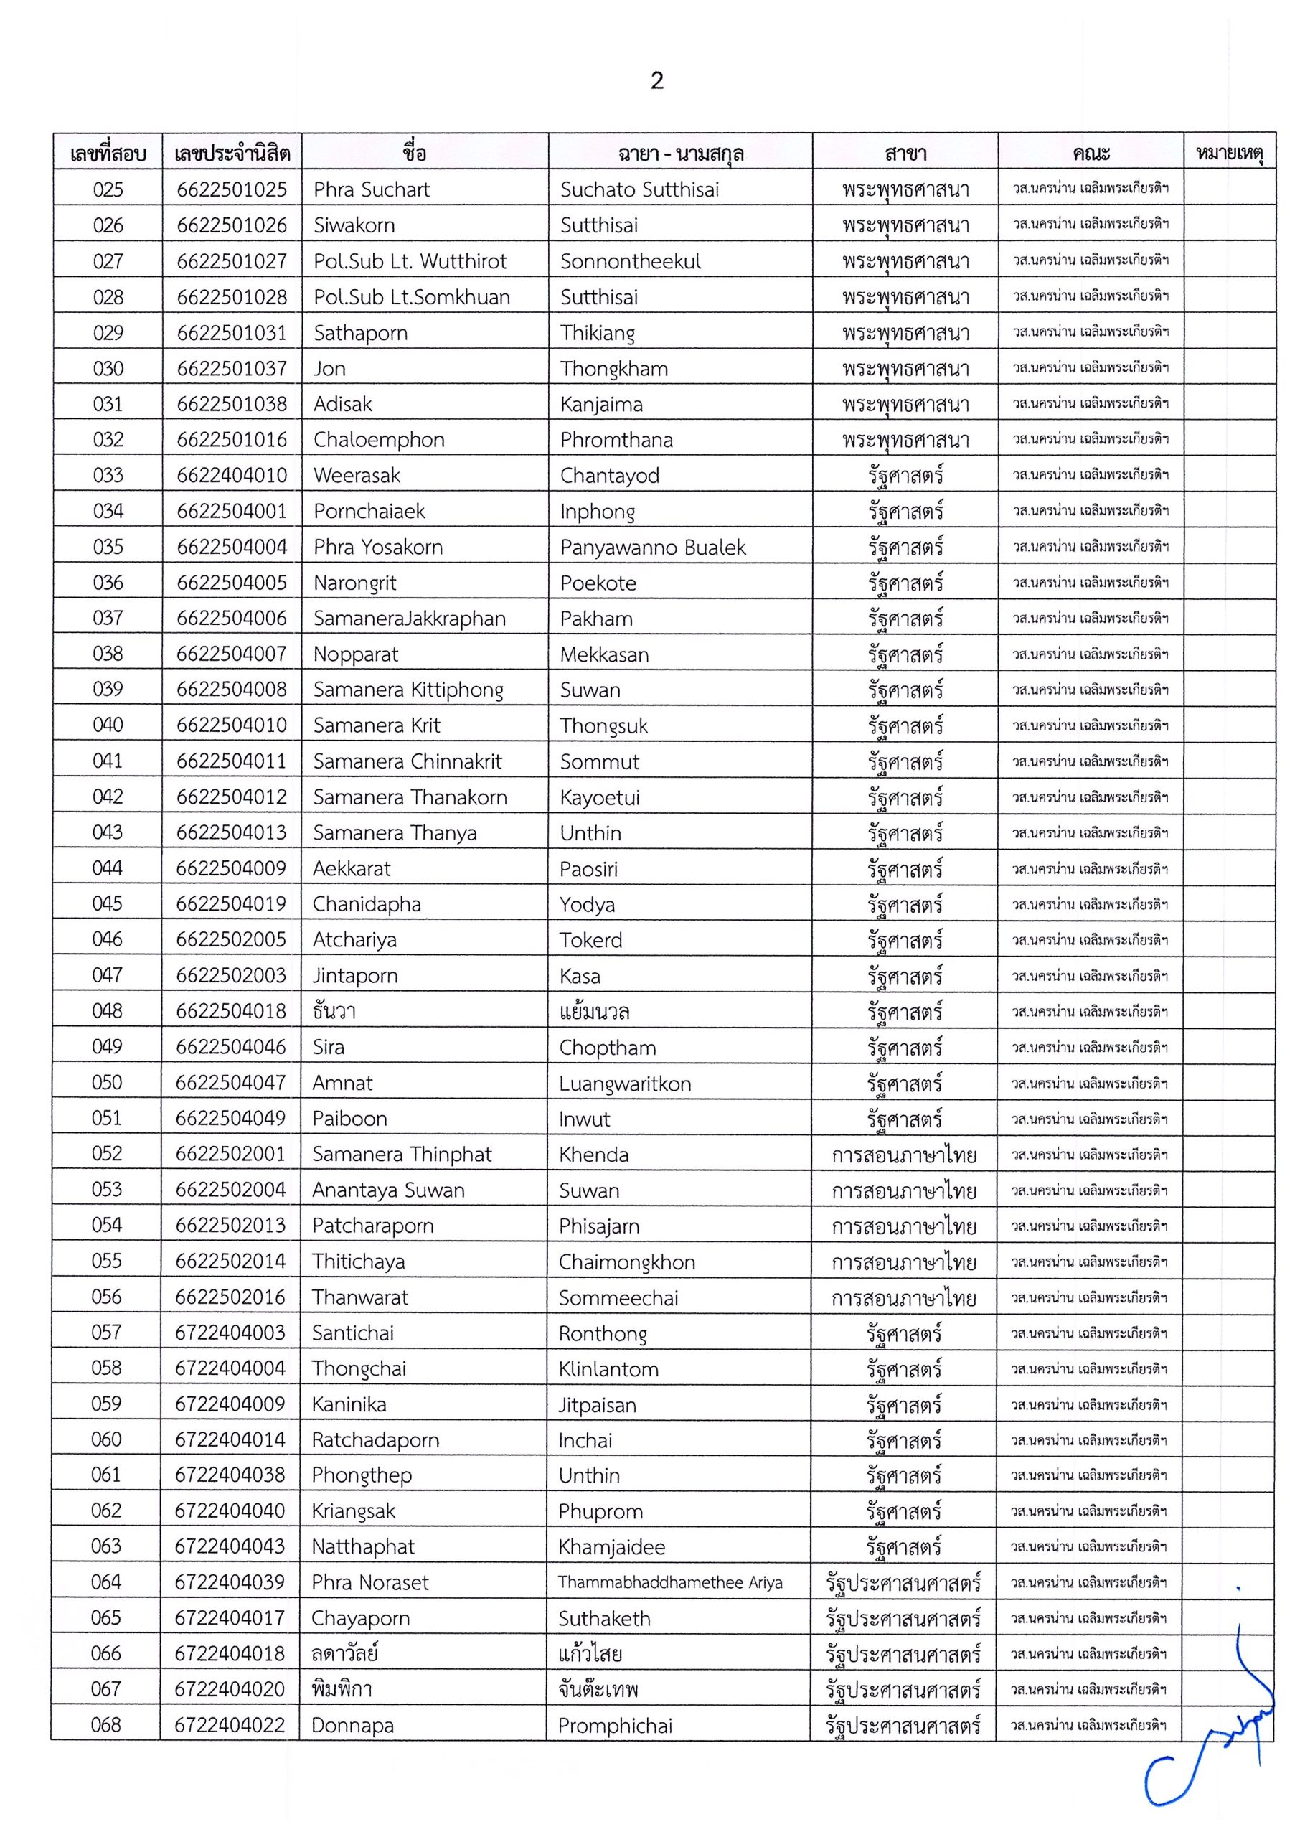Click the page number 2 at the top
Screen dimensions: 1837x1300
click(656, 81)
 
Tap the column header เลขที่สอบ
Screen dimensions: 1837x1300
click(108, 153)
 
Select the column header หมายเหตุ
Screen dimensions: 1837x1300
click(1229, 153)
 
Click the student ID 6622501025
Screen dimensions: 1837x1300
click(231, 189)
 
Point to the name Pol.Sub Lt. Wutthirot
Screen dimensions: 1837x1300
click(410, 262)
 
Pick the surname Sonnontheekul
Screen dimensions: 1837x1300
click(630, 262)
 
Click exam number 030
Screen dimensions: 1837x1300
click(108, 369)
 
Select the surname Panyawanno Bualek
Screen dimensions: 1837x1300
click(652, 548)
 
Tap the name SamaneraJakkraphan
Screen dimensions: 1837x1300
click(409, 619)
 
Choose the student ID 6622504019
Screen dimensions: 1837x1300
click(230, 904)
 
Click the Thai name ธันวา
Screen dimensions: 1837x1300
click(334, 1011)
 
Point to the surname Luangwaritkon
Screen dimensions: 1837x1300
click(624, 1084)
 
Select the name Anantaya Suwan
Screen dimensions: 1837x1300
click(388, 1190)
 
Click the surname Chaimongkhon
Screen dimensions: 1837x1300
click(626, 1262)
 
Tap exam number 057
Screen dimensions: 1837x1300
click(106, 1333)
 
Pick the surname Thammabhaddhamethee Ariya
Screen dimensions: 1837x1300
click(670, 1582)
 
